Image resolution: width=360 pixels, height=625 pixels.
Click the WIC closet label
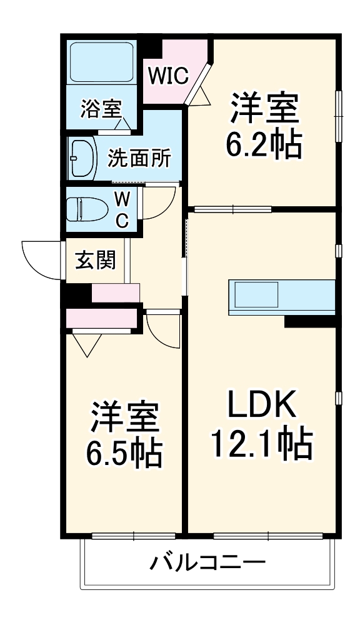(x=168, y=76)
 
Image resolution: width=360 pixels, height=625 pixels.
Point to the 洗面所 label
(x=139, y=159)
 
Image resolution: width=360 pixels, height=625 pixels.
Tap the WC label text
(x=122, y=209)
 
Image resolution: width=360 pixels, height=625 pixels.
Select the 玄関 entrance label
(x=96, y=259)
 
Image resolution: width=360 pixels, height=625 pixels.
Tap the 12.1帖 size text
(x=261, y=444)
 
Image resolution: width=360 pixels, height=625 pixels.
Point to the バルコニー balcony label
(x=207, y=563)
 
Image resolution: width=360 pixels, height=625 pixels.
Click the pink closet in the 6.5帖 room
(x=102, y=318)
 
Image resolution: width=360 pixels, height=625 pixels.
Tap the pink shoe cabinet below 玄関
(x=116, y=292)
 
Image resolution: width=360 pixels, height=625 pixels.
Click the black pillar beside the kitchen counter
(x=310, y=321)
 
